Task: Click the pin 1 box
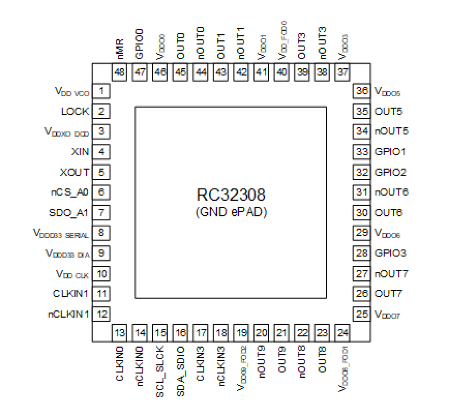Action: tap(101, 91)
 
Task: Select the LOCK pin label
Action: tap(75, 112)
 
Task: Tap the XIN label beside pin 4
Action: tap(80, 152)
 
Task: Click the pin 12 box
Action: tap(102, 314)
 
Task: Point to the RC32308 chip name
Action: tap(231, 195)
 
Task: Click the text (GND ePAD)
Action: tap(231, 212)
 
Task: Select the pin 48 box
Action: tap(119, 72)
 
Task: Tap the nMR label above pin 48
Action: tap(120, 49)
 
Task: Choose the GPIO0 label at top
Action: tap(139, 44)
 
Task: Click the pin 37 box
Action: tap(342, 72)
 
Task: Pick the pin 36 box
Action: tap(361, 91)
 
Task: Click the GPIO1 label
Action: tap(390, 152)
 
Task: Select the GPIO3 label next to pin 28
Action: tap(390, 253)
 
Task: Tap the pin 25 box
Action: tap(361, 314)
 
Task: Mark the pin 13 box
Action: tap(119, 333)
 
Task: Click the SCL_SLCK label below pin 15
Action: tap(160, 371)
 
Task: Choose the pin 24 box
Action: tap(342, 333)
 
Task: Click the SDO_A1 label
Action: tap(68, 213)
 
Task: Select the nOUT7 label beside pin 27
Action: tap(391, 274)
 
